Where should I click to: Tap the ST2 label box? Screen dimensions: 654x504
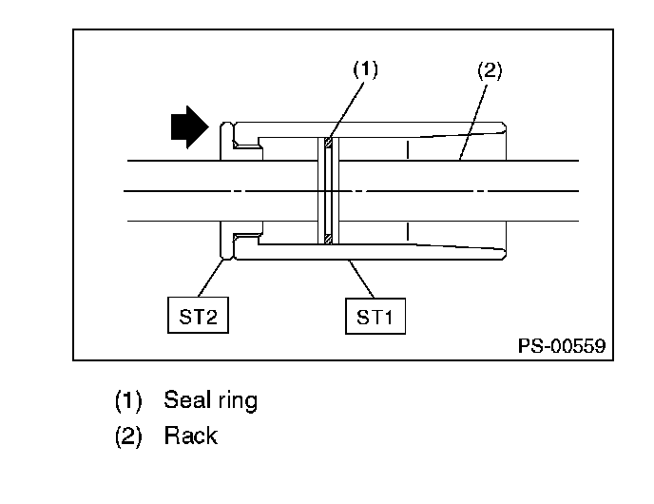click(198, 316)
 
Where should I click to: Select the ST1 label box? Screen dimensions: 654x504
click(375, 317)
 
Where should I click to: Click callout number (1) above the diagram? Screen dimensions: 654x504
click(365, 69)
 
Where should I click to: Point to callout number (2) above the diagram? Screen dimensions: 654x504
click(490, 70)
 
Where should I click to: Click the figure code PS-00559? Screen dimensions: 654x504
click(562, 346)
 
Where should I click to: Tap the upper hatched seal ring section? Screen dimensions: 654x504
click(328, 143)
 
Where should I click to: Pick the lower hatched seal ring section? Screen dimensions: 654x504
click(328, 239)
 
